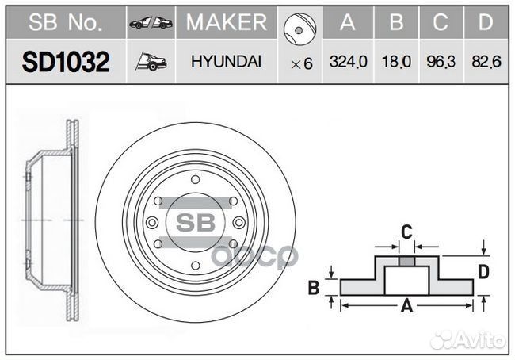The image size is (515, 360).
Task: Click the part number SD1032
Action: [66, 62]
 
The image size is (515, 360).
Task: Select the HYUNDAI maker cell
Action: [227, 62]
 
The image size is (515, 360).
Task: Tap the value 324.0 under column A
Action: [348, 62]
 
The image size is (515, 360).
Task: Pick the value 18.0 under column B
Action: [396, 62]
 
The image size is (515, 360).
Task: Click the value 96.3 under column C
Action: [441, 62]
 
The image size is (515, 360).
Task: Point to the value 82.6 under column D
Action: [486, 62]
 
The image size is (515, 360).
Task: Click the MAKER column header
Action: [227, 22]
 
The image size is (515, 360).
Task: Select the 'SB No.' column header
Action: [66, 22]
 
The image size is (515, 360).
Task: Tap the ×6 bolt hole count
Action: [302, 63]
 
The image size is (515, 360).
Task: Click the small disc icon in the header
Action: [299, 29]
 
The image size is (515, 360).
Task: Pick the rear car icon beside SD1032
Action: [151, 62]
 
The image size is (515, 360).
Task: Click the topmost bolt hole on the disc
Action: [196, 180]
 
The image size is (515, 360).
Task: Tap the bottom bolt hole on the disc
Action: [196, 266]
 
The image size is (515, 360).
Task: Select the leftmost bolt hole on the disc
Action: [152, 223]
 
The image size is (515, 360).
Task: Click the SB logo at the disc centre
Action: [196, 223]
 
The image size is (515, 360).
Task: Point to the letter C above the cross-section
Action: [406, 232]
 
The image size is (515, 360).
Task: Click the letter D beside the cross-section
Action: [483, 272]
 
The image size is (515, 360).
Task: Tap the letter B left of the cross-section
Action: [314, 287]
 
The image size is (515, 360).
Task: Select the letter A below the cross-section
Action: [407, 306]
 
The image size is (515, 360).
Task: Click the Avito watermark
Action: [468, 340]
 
